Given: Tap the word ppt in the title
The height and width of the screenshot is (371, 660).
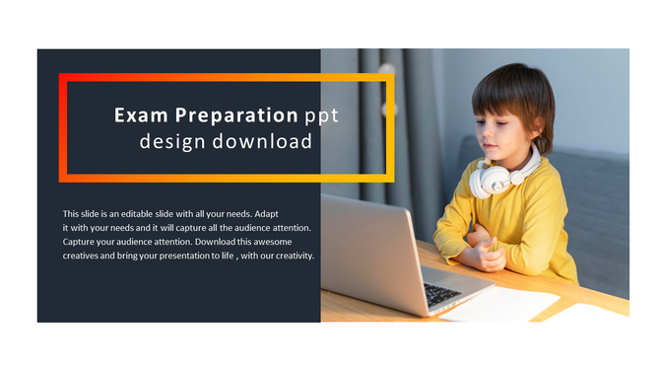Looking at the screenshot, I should tap(322, 115).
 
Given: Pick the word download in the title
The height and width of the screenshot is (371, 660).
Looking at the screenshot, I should tap(263, 142).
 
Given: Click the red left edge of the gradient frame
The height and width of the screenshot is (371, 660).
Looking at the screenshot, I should tap(63, 128).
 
